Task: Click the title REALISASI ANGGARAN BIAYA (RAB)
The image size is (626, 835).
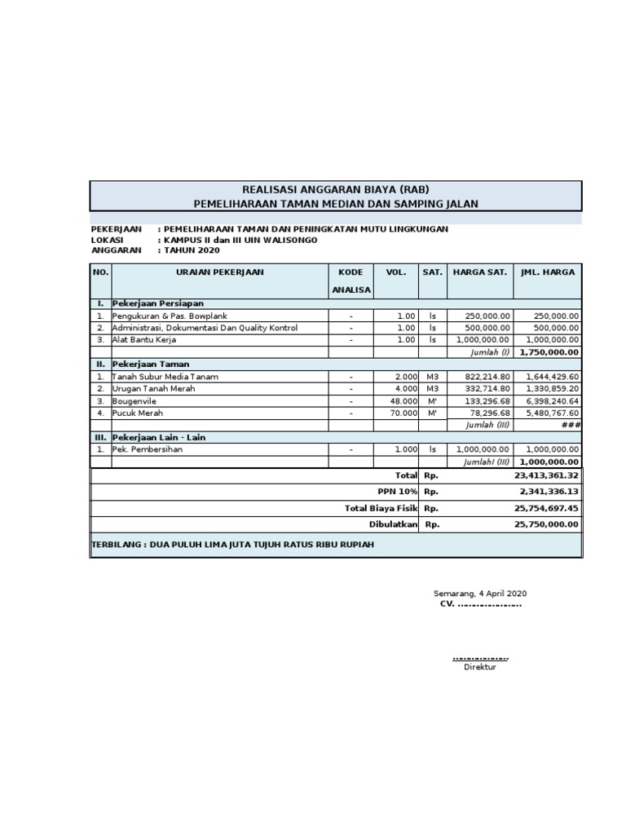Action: tap(335, 189)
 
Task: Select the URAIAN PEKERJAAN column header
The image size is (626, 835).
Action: tap(220, 272)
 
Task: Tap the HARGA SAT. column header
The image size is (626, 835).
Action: tap(480, 272)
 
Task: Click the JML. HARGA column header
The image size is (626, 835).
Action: tap(548, 272)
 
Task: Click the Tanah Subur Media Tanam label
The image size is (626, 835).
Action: tap(165, 377)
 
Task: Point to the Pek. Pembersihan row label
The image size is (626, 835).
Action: tap(148, 449)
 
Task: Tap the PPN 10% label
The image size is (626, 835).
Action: tap(398, 492)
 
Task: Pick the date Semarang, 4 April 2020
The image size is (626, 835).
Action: tap(479, 594)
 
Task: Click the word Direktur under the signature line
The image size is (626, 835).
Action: tap(479, 667)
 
